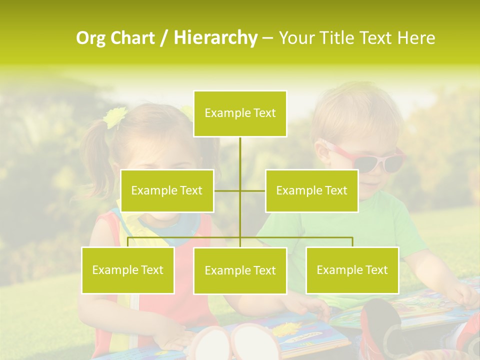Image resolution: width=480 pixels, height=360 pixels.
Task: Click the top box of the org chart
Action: pyautogui.click(x=240, y=113)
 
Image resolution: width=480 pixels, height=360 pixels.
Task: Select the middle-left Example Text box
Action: pyautogui.click(x=167, y=190)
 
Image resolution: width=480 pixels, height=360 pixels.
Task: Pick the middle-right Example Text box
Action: pyautogui.click(x=311, y=190)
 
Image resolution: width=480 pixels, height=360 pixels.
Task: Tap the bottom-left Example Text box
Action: pyautogui.click(x=128, y=270)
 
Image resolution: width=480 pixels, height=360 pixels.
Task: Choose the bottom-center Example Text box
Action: pyautogui.click(x=240, y=270)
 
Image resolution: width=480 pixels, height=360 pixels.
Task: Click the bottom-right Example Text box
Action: pyautogui.click(x=352, y=270)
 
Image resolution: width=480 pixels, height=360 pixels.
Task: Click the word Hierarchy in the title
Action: pyautogui.click(x=215, y=38)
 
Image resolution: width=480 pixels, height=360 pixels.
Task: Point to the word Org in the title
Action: pyautogui.click(x=91, y=38)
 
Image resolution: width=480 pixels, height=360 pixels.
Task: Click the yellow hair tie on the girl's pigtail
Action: pyautogui.click(x=114, y=117)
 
